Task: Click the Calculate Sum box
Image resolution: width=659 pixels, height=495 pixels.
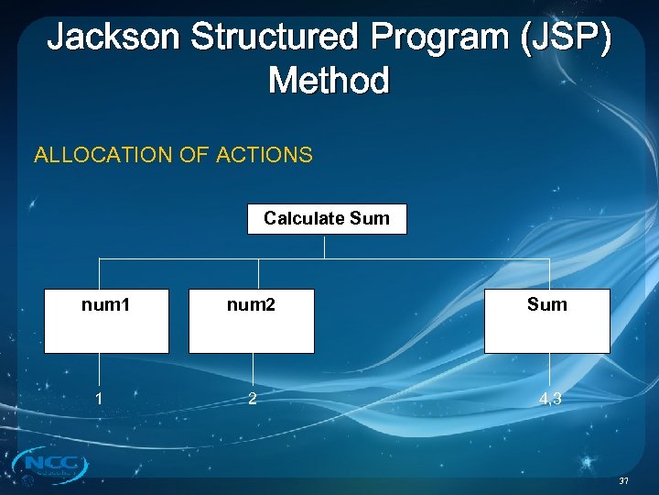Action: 327,219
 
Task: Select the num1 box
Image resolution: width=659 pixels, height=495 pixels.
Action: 106,321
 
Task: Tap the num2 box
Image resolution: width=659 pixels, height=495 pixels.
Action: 251,321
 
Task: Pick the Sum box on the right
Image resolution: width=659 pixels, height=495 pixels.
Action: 546,321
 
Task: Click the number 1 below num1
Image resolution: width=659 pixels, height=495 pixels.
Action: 99,399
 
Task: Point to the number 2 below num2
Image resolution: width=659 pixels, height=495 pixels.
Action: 251,399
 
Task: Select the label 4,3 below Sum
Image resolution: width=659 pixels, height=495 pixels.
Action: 551,399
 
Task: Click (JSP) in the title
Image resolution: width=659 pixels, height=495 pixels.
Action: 569,38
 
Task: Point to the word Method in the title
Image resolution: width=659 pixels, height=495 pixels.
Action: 329,81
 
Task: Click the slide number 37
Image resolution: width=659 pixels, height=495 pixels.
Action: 624,481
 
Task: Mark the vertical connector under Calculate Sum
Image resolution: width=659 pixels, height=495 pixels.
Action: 325,247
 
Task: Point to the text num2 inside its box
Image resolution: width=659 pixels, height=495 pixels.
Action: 251,304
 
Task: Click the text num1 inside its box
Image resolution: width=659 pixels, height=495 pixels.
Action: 106,304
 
